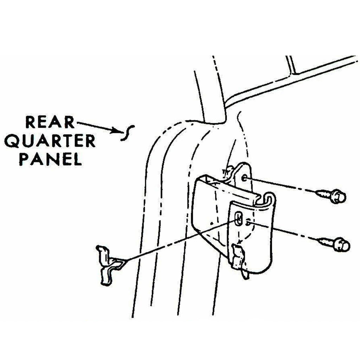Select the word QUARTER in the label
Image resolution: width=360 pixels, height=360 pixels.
[x=50, y=141]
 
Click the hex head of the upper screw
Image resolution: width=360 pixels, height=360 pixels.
[x=339, y=196]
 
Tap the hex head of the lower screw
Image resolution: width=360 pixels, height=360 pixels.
[x=342, y=245]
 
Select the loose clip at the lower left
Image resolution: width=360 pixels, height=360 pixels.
[x=108, y=264]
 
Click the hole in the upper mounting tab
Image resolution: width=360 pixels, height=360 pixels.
[x=244, y=177]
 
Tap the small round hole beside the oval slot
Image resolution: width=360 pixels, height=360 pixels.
[x=248, y=222]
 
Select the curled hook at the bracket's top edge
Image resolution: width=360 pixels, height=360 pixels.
[x=269, y=199]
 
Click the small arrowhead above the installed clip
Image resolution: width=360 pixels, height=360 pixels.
[x=239, y=242]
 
